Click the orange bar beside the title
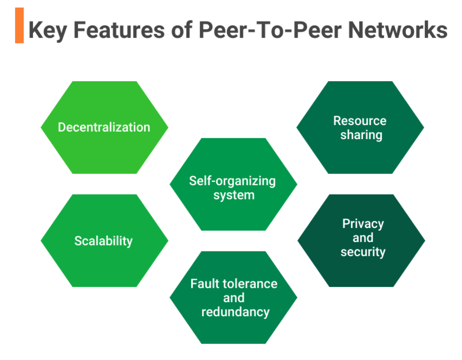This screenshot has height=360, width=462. [19, 25]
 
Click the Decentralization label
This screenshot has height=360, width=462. [104, 127]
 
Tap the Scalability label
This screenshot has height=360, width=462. [103, 241]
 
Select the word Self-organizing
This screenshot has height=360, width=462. [232, 181]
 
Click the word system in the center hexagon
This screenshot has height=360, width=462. [234, 195]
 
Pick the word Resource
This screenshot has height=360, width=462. [360, 121]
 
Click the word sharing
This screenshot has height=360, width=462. [361, 135]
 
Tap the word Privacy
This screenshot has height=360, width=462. [363, 224]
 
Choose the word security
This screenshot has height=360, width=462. [363, 252]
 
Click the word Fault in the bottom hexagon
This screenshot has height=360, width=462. [203, 284]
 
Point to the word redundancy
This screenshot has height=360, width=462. [235, 312]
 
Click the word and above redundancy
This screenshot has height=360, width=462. [234, 298]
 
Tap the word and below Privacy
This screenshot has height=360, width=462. [363, 238]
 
